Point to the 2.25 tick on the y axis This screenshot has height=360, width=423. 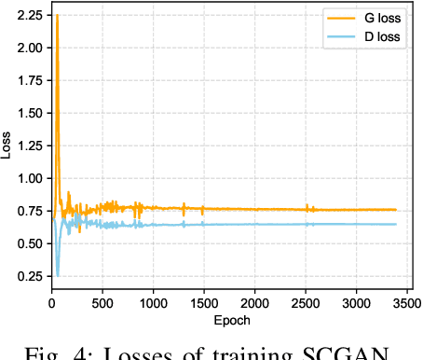[30, 16]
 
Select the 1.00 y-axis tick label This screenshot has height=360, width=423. [30, 178]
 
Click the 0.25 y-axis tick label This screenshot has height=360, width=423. [30, 276]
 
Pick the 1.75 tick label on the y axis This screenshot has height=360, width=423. [30, 80]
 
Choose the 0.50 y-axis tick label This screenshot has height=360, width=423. [30, 243]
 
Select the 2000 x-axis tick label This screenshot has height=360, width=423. [255, 304]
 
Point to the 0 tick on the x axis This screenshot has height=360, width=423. [52, 304]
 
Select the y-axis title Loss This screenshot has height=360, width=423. [7, 146]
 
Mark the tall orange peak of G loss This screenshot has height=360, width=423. [57, 16]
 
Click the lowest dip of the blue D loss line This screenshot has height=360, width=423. [58, 275]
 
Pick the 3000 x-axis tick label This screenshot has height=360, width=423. [357, 304]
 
